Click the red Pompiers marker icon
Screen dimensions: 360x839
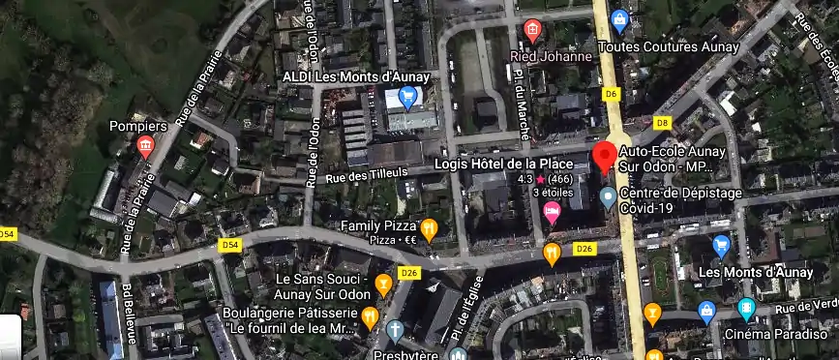(x=146, y=147)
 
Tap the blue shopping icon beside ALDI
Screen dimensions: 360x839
(x=407, y=97)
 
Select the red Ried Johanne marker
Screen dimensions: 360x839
(x=531, y=31)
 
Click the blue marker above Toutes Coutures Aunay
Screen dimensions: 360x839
(x=620, y=19)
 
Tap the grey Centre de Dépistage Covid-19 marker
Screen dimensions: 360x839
(x=608, y=198)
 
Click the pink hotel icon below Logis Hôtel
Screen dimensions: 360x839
(x=553, y=213)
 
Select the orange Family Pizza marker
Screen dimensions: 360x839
(x=430, y=229)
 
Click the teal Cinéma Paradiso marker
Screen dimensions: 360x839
(x=746, y=311)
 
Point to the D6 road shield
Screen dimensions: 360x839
(x=610, y=94)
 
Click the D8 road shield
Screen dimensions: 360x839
(x=662, y=123)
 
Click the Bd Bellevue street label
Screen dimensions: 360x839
(x=127, y=309)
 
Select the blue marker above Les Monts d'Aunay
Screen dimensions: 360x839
(x=721, y=246)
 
